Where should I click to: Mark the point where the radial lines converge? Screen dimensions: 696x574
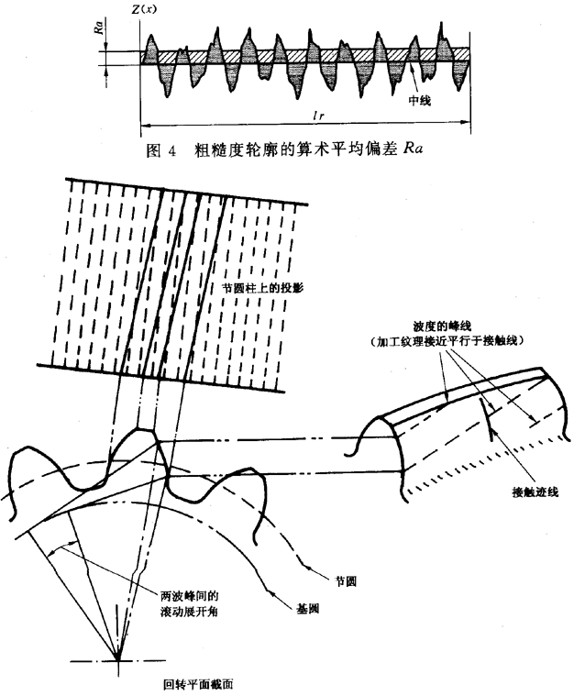point(118,657)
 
